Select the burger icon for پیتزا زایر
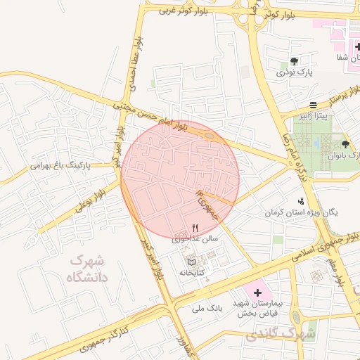[x=313, y=105]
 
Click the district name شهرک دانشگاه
[x=88, y=269]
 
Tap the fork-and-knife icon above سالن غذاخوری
[x=195, y=227]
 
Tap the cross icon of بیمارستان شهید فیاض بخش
[x=257, y=291]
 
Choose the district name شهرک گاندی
[x=276, y=334]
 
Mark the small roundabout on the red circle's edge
[x=210, y=137]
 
